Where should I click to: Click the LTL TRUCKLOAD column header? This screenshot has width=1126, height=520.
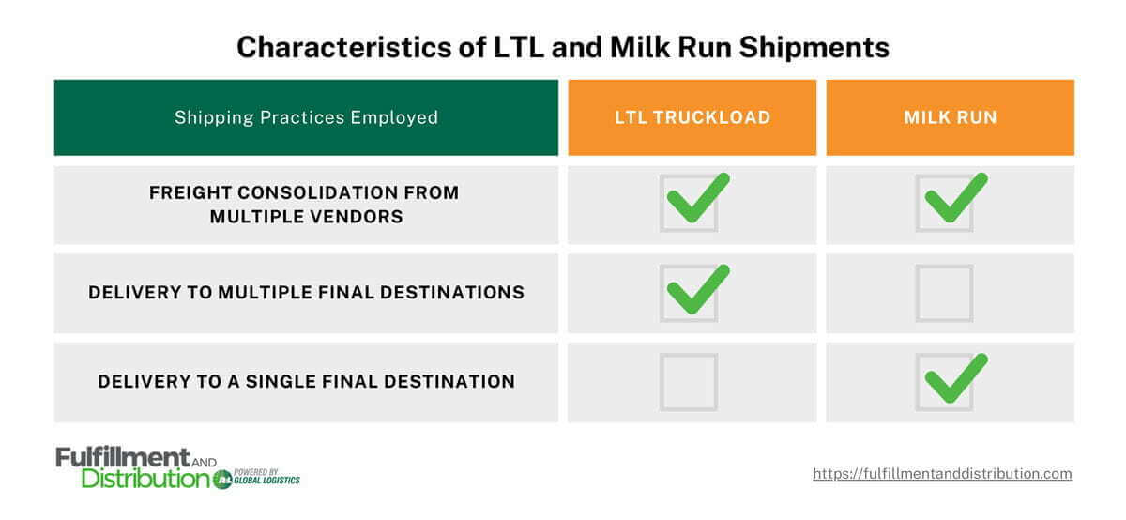coord(692,117)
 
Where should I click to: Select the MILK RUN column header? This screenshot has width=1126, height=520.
coord(950,117)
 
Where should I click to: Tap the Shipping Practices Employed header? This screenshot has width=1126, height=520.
coord(306,117)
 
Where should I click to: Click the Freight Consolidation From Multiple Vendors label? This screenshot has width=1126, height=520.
coord(306,205)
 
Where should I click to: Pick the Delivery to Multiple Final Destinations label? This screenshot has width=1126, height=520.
coord(306,292)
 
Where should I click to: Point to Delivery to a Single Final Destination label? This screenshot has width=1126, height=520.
coord(306,381)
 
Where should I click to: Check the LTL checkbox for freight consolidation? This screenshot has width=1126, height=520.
coord(690,203)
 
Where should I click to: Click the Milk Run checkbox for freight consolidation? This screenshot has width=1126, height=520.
coord(946,203)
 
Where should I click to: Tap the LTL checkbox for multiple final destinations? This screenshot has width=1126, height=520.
coord(690,293)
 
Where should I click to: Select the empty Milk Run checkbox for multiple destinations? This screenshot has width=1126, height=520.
coord(945,293)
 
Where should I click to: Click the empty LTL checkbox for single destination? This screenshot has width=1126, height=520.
coord(689,382)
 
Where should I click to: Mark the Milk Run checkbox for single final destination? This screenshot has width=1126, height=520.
coord(946,382)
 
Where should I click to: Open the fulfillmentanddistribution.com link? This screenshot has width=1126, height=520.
coord(942,474)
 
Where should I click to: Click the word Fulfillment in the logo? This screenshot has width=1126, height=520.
coord(122,457)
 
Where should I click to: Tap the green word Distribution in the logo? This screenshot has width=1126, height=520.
coord(145,479)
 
